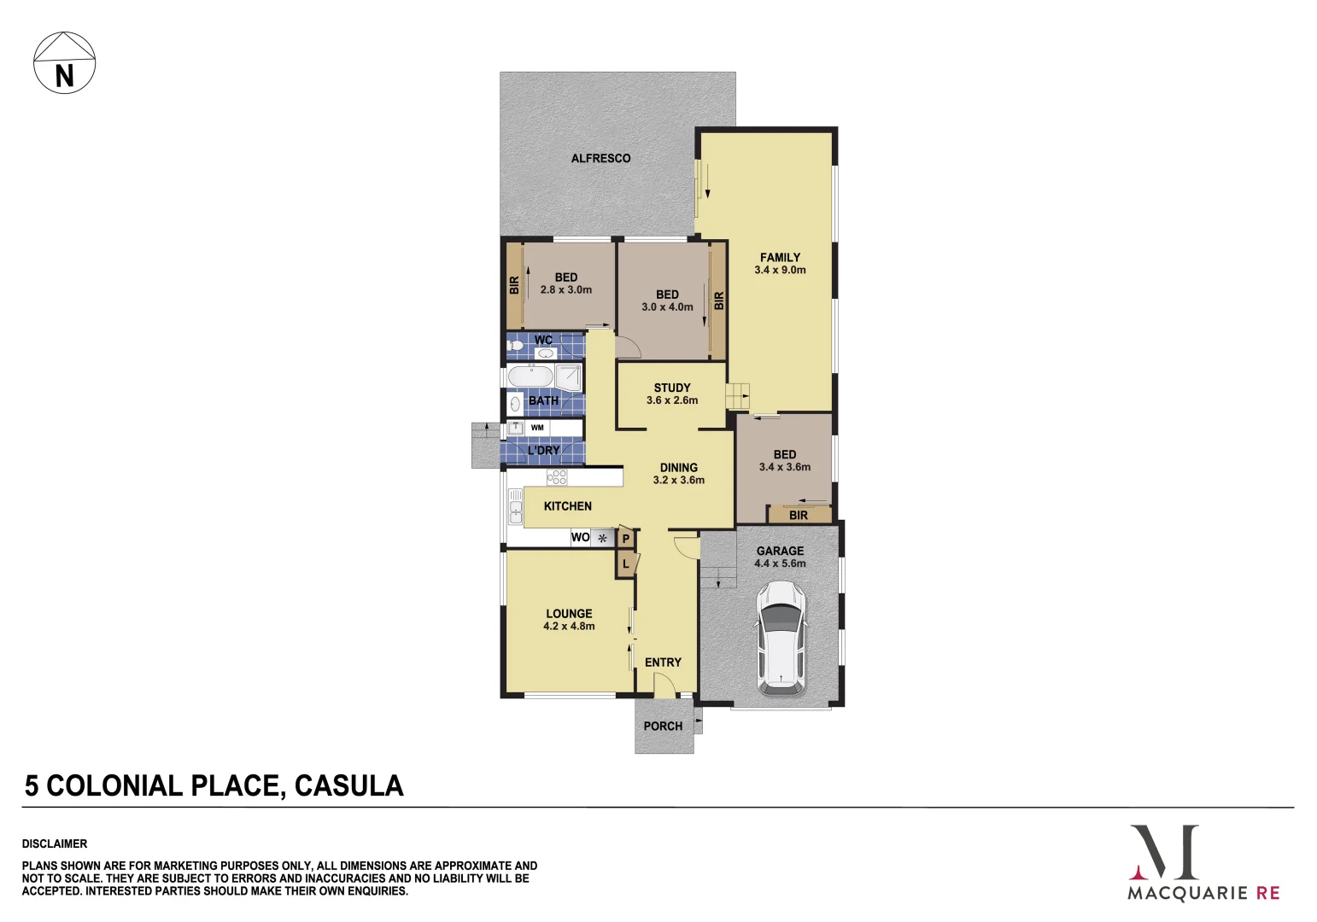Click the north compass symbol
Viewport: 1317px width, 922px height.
[x=65, y=63]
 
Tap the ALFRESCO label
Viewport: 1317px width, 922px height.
[x=600, y=158]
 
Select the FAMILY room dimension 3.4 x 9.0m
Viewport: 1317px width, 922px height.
[x=780, y=270]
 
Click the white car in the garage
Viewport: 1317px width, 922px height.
[x=781, y=636]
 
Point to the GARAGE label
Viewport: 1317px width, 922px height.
[x=780, y=551]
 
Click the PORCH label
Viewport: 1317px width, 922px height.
[x=663, y=726]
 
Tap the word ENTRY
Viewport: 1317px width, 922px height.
[x=663, y=662]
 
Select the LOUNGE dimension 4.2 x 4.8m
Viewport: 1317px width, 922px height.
[x=569, y=626]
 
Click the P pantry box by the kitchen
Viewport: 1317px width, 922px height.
[x=625, y=539]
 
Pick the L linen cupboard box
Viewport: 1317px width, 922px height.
[x=625, y=564]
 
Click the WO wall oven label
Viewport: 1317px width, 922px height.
[x=580, y=537]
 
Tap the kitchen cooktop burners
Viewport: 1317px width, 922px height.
[x=557, y=476]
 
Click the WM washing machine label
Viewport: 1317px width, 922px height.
[x=537, y=428]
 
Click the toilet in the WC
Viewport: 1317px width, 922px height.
[x=515, y=345]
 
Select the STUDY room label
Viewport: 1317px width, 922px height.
[x=672, y=388]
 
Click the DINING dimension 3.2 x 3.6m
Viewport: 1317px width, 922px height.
[x=678, y=480]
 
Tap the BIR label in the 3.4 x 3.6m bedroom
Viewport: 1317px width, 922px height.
[x=798, y=515]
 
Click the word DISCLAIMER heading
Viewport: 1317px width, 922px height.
[x=55, y=843]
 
